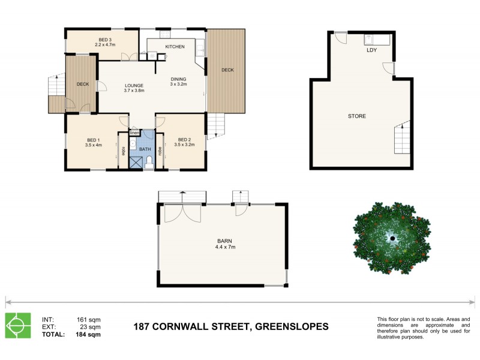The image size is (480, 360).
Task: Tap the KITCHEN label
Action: [175, 47]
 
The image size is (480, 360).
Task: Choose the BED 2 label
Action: [184, 142]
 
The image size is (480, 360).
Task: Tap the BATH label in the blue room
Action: [145, 149]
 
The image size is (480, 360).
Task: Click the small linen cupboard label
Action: [134, 133]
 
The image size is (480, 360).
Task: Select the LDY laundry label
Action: [371, 50]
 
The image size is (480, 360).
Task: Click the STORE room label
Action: [356, 116]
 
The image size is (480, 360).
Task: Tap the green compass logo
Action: [18, 326]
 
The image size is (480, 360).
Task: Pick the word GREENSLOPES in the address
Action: [292, 327]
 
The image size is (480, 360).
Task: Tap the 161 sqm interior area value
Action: [89, 319]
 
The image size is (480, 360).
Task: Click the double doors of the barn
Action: [183, 214]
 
